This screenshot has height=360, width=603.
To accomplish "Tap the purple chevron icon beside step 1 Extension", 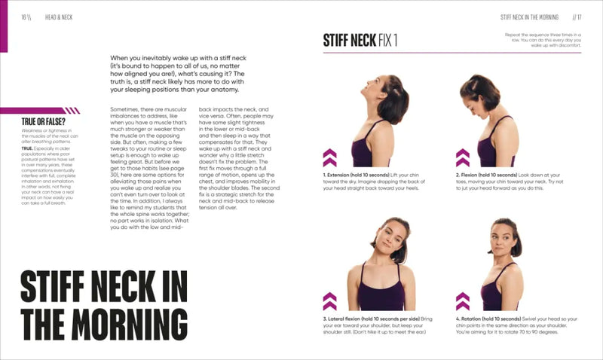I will (329, 157).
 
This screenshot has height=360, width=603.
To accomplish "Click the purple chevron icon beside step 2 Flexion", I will (463, 157).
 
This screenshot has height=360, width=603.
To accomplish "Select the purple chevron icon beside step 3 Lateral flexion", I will (329, 301).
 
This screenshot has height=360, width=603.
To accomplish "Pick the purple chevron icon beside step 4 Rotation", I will (463, 301).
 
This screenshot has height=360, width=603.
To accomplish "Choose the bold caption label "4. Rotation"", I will (476, 319).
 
